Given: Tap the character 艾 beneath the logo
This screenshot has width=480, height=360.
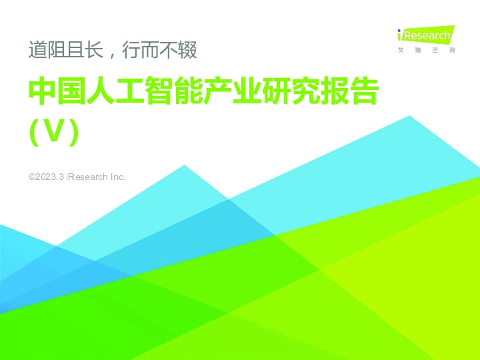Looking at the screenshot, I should [x=400, y=51].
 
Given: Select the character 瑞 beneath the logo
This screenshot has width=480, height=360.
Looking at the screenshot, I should [x=417, y=51].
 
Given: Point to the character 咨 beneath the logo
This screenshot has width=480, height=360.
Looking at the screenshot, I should [x=435, y=51].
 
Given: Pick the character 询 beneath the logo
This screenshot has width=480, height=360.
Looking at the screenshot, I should [x=452, y=51].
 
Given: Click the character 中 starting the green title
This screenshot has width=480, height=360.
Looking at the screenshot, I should [x=42, y=93].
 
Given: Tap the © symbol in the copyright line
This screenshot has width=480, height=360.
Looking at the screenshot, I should [x=31, y=177].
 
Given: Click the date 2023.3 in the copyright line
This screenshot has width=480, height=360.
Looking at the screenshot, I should [x=49, y=177].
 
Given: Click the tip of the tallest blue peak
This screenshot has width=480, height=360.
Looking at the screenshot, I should [x=409, y=117].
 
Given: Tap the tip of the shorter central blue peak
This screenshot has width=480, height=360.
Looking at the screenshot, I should [x=184, y=165].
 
